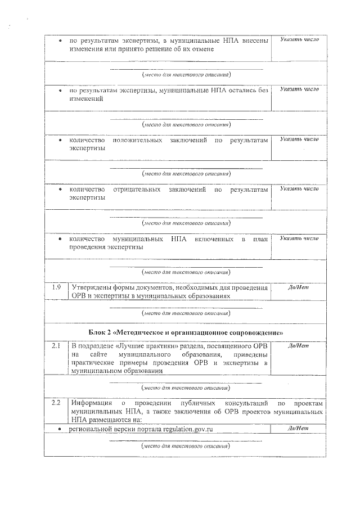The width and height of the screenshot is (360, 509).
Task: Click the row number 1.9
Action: point(56,287)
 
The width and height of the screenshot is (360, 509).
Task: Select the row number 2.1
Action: point(56,345)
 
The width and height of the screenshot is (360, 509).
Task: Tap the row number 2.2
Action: point(56,404)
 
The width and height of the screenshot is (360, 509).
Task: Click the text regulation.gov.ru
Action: point(186,429)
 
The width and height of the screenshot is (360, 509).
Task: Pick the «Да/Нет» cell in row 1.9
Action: point(298,287)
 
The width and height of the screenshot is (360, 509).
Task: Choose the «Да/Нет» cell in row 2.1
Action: point(298,345)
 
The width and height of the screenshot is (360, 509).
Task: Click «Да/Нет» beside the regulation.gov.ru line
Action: point(298,429)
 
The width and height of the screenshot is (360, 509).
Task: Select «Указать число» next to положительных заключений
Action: point(298,139)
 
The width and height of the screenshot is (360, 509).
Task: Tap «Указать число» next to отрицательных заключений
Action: point(298,189)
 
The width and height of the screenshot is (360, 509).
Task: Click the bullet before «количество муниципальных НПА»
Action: point(61,239)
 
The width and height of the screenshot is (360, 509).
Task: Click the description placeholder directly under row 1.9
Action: point(186,313)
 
